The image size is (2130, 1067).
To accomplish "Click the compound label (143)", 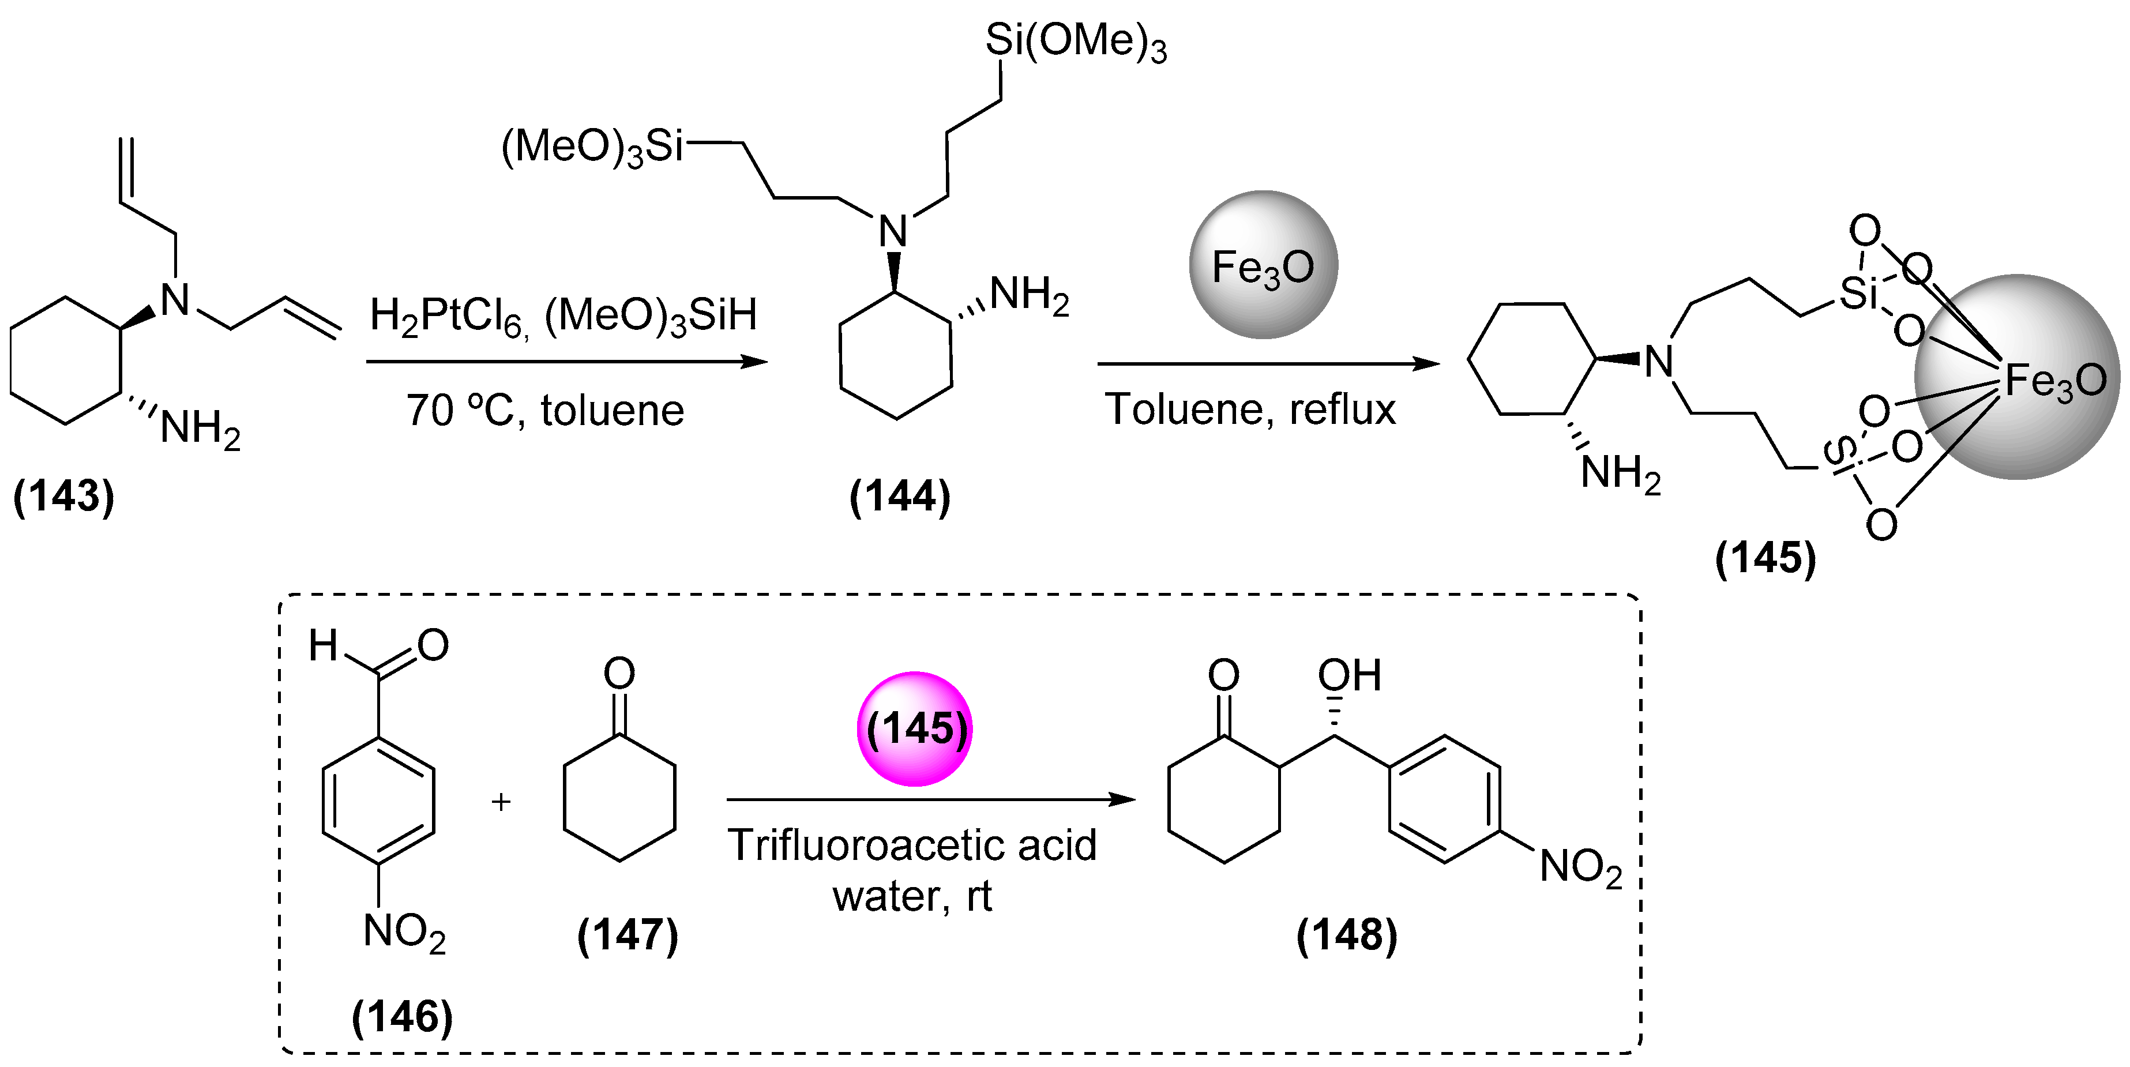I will coord(63,495).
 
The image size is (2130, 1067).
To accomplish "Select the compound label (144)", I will coord(900,496).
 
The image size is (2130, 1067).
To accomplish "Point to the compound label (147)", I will coord(628,935).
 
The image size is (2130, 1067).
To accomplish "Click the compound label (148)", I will coord(1346,935).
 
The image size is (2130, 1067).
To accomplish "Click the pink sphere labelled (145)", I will coord(915,728).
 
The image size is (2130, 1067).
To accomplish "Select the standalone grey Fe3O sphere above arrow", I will coord(1263,265).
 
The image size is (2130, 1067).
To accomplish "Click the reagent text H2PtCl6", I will coord(446,317).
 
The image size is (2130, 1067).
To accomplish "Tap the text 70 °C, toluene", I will coord(545,410).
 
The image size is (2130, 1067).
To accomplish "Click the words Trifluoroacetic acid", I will coord(911,846).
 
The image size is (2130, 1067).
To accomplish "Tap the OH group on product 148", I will coord(1348,676).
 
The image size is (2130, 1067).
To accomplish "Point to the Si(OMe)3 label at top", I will coord(1075,42).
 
